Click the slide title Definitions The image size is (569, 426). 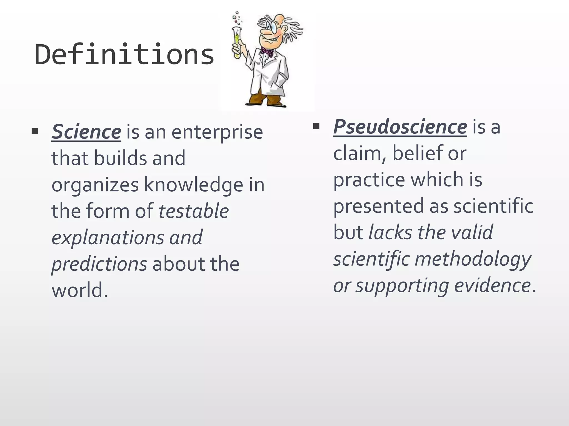pos(124,55)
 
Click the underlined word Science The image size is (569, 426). pos(86,132)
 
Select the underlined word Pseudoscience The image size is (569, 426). pos(400,127)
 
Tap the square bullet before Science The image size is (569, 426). pos(35,131)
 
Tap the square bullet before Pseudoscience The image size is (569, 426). pos(316,126)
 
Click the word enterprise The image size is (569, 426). pos(217,132)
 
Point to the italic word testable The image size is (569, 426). pos(193,211)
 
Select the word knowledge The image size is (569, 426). pos(194,185)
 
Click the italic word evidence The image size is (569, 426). pos(493,286)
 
